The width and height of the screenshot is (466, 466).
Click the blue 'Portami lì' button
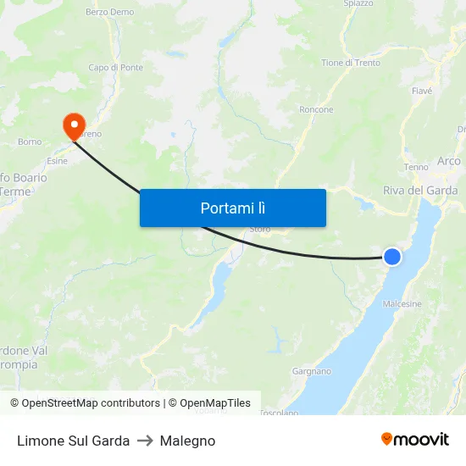pyautogui.click(x=232, y=208)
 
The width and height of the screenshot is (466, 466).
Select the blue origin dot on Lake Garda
pyautogui.click(x=392, y=256)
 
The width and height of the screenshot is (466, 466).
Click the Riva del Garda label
pyautogui.click(x=420, y=191)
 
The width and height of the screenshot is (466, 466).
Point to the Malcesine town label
pyautogui.click(x=402, y=304)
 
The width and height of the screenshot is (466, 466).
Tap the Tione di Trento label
pyautogui.click(x=351, y=63)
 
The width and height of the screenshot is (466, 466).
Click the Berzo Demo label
pyautogui.click(x=109, y=13)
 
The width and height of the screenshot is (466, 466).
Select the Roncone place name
pyautogui.click(x=316, y=110)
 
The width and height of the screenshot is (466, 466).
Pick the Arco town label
pyautogui.click(x=448, y=161)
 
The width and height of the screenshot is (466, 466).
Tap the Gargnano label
pyautogui.click(x=311, y=371)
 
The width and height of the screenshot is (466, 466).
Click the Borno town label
pyautogui.click(x=30, y=141)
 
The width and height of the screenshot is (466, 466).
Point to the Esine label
pyautogui.click(x=58, y=160)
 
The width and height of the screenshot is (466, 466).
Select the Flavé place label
pyautogui.click(x=421, y=91)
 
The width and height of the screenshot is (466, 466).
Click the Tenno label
pyautogui.click(x=417, y=167)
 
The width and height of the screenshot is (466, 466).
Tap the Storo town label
pyautogui.click(x=260, y=229)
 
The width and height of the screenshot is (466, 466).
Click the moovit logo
pyautogui.click(x=415, y=440)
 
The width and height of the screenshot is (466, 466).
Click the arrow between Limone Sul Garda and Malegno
pyautogui.click(x=145, y=441)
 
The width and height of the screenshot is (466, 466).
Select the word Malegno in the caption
pyautogui.click(x=187, y=441)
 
